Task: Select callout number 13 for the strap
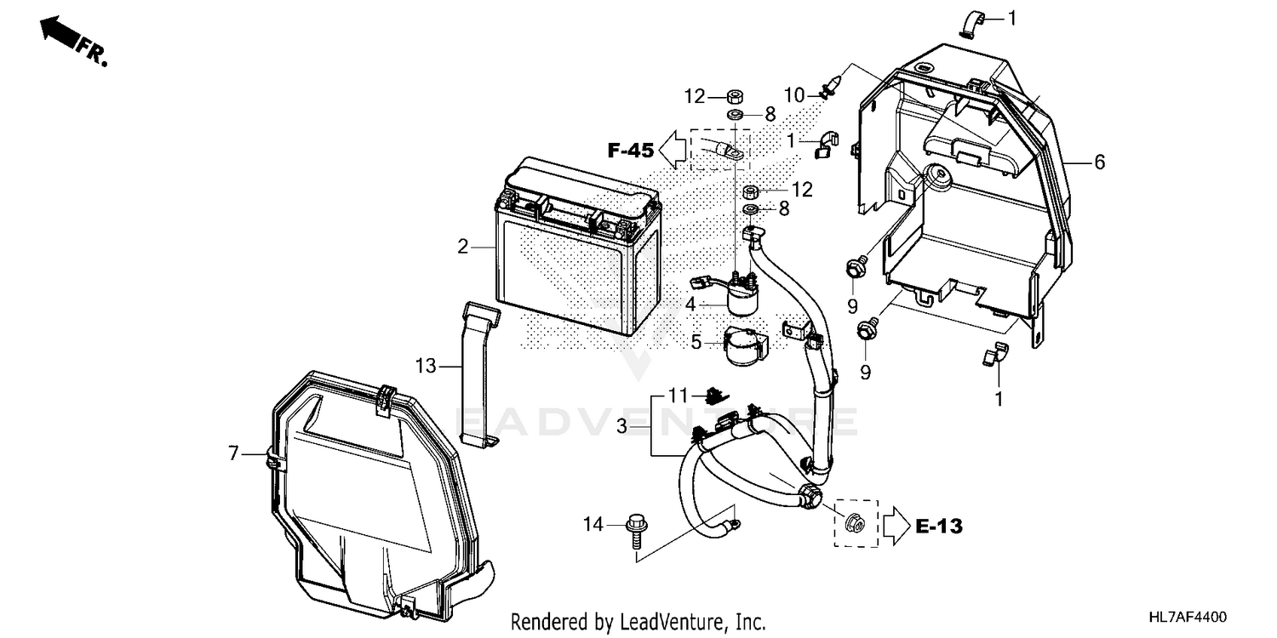pos(426,367)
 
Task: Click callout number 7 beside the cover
pos(233,453)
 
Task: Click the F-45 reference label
pos(631,151)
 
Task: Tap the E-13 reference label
pos(940,527)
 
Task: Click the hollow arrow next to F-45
pos(678,151)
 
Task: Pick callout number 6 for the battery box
pos(1099,162)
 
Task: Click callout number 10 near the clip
pos(793,95)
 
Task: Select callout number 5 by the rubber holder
pos(696,343)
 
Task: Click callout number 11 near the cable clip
pos(677,396)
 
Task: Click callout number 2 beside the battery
pos(462,248)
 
